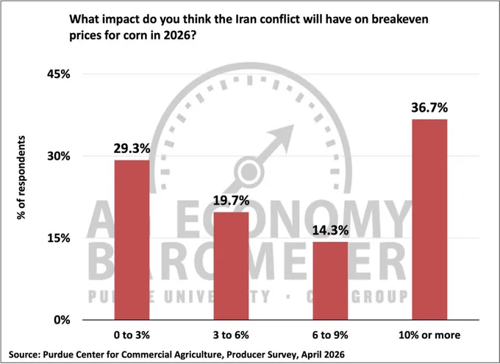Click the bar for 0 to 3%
[x=132, y=240]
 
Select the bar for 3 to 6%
[x=231, y=265]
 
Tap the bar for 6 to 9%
[x=330, y=281]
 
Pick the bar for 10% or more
[x=429, y=219]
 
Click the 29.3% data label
[x=132, y=149]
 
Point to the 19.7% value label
[x=231, y=201]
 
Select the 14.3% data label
[x=330, y=230]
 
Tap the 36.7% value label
[x=429, y=108]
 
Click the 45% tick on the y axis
[x=59, y=74]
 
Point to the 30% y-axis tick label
[x=59, y=156]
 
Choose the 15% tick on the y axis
[x=59, y=238]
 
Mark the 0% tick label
[x=62, y=320]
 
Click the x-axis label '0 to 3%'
[x=132, y=335]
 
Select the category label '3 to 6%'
[x=231, y=335]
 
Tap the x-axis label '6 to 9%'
[x=330, y=335]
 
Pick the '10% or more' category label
[x=429, y=335]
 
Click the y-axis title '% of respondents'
[x=21, y=177]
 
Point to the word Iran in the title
[x=246, y=19]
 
